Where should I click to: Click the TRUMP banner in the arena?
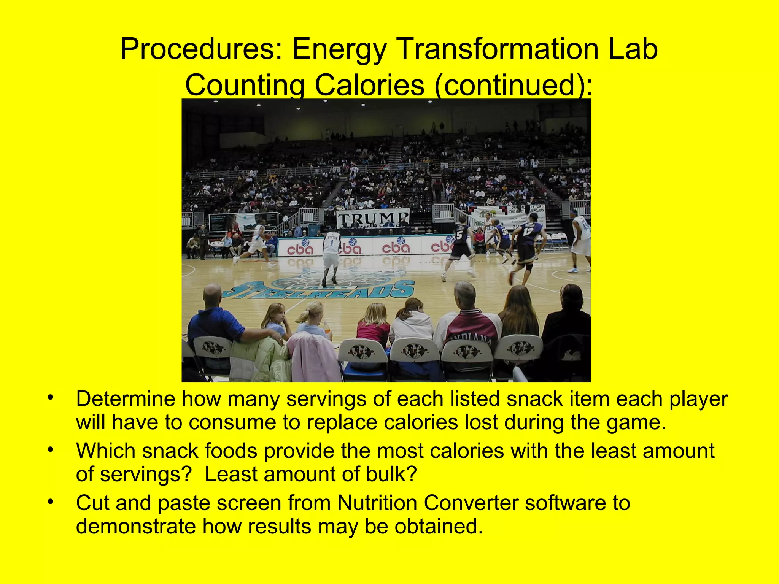(373, 218)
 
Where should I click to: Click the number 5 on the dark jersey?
(459, 235)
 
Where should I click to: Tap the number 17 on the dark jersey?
(529, 231)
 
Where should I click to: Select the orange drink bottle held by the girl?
(327, 328)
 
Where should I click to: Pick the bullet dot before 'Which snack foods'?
(50, 450)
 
